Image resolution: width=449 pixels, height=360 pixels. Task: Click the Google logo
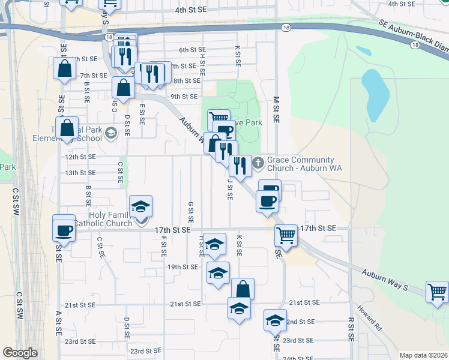[x=20, y=353]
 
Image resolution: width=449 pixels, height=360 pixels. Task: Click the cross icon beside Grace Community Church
[x=258, y=163]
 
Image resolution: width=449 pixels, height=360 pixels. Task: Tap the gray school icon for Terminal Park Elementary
[x=110, y=133]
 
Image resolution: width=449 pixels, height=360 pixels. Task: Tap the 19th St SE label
[x=182, y=266]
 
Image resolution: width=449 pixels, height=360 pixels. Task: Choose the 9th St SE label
[x=184, y=96]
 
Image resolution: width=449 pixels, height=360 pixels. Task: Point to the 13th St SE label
[x=80, y=173]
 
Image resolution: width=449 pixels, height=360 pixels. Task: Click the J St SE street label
[x=229, y=191]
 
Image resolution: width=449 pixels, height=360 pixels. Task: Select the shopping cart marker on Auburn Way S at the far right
[x=437, y=292]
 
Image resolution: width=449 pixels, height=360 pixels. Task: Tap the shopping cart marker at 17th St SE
[x=286, y=234]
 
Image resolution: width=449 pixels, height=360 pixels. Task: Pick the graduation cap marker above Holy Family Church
[x=141, y=206]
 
